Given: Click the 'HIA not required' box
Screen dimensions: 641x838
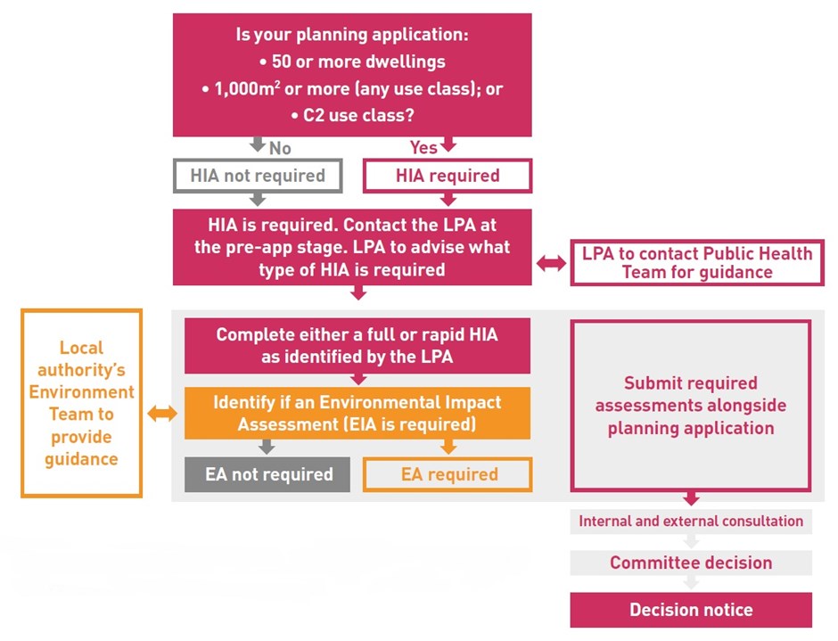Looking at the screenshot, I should (258, 176).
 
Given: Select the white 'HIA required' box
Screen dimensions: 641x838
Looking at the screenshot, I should (447, 176).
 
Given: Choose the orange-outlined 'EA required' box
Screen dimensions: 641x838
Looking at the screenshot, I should (447, 474).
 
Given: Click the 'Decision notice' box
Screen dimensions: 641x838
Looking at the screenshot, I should (691, 610).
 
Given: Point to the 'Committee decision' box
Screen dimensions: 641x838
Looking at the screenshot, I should (691, 563).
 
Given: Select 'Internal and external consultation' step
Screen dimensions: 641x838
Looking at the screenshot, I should (691, 521).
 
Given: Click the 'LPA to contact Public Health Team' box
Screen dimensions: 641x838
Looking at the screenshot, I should (697, 263).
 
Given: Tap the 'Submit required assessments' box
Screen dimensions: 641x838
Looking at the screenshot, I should (691, 406).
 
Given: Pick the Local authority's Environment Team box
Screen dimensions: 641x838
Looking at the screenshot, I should (82, 403).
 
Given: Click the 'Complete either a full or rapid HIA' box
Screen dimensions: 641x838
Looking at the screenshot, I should (357, 346).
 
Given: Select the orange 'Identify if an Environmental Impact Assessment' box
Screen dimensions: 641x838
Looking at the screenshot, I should (357, 413).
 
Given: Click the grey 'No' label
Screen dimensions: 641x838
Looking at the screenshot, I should (280, 147).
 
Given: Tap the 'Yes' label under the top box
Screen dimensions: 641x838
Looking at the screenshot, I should (423, 147).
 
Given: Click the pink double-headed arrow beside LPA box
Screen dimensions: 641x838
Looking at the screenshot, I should (551, 263).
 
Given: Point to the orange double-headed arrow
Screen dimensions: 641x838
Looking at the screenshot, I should (163, 413).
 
